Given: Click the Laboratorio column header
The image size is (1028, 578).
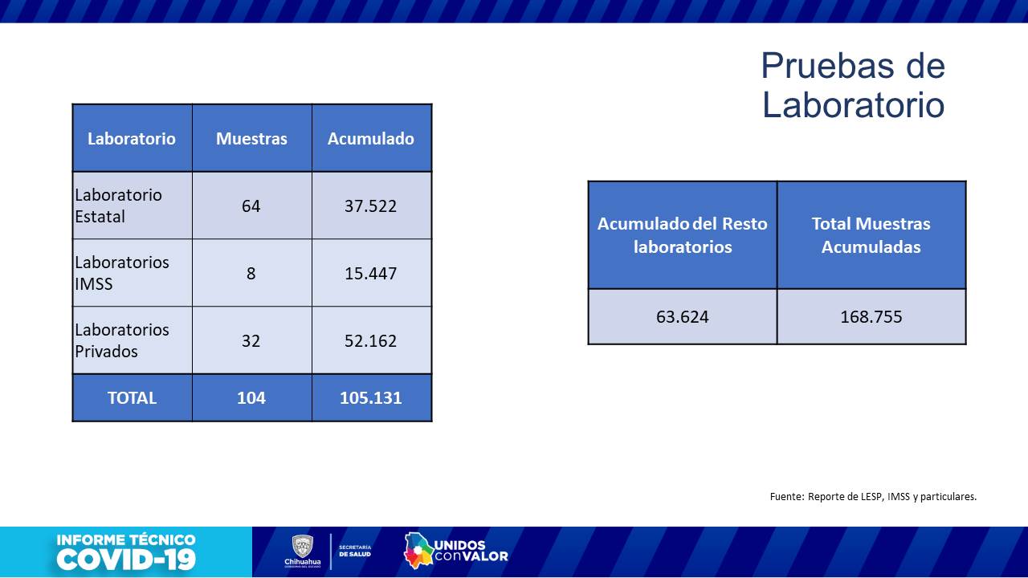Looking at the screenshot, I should pyautogui.click(x=132, y=138).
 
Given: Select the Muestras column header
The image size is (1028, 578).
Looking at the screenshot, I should pyautogui.click(x=251, y=138).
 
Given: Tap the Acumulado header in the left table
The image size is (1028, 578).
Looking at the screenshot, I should pyautogui.click(x=371, y=138).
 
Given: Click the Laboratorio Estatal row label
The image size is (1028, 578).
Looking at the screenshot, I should pyautogui.click(x=119, y=206).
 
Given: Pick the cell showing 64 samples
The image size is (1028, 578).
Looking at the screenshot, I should pyautogui.click(x=251, y=206).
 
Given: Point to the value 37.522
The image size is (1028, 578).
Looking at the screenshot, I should pyautogui.click(x=371, y=206).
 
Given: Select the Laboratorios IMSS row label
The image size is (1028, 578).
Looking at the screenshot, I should pyautogui.click(x=122, y=273).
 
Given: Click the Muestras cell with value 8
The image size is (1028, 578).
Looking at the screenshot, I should pyautogui.click(x=251, y=274).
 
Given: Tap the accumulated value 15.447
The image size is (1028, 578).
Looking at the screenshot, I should pyautogui.click(x=371, y=274).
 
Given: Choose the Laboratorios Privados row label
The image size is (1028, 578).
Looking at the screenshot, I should pyautogui.click(x=122, y=340).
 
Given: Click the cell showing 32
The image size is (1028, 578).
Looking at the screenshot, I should pyautogui.click(x=251, y=341).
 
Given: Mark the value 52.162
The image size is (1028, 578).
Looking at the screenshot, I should pyautogui.click(x=371, y=341).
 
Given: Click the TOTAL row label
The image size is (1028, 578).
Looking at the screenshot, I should pyautogui.click(x=132, y=397).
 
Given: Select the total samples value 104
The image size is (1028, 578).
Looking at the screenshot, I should pyautogui.click(x=251, y=397).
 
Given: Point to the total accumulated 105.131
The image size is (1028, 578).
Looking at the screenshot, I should pyautogui.click(x=371, y=397).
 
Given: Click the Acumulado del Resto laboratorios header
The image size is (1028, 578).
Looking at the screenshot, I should pyautogui.click(x=683, y=235).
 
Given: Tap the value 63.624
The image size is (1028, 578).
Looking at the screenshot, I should pyautogui.click(x=683, y=316).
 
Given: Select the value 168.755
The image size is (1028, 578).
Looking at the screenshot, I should pyautogui.click(x=871, y=316).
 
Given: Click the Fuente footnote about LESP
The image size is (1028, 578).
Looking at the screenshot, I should pyautogui.click(x=873, y=496).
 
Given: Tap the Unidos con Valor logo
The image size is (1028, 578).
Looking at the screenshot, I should pyautogui.click(x=456, y=551).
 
